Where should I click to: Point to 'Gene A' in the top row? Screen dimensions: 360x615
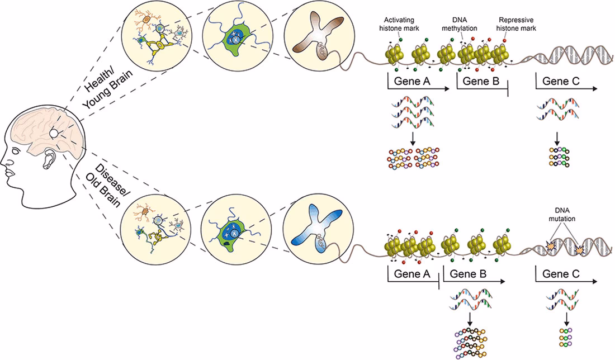pyautogui.click(x=412, y=82)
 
